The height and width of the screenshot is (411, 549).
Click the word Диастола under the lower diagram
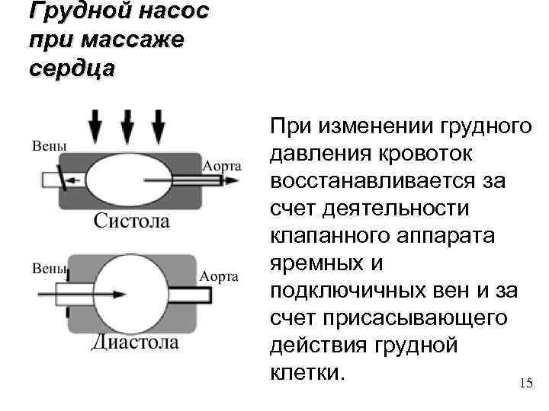coord(135,342)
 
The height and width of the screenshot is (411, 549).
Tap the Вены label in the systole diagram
coord(49,145)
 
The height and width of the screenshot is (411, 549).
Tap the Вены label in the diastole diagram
coord(49,268)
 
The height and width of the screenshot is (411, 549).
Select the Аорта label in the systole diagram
coord(222,165)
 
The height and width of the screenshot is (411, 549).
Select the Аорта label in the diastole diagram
coord(220,276)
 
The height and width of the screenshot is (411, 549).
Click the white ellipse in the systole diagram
coord(130,180)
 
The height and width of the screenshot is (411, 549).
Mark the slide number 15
coord(525,383)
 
